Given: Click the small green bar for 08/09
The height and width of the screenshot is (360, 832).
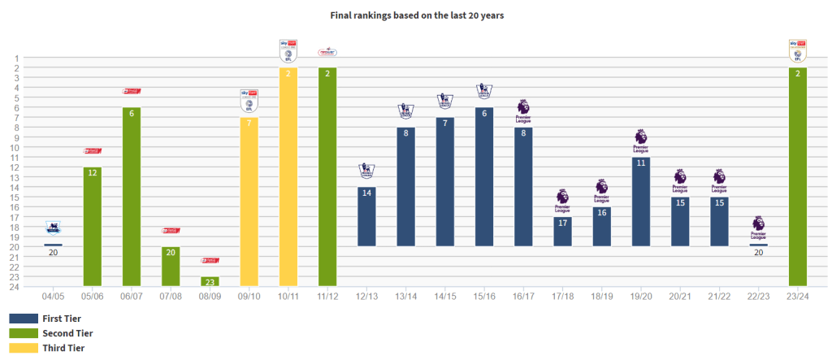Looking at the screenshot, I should click(x=210, y=281).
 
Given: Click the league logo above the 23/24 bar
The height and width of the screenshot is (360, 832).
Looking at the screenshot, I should click(x=798, y=50).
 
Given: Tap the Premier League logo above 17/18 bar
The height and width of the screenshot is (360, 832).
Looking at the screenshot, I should click(x=562, y=197).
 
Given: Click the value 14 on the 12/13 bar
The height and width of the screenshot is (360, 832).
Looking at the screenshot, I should click(x=366, y=193).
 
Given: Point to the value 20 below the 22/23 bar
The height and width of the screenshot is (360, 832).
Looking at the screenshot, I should click(x=758, y=253).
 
